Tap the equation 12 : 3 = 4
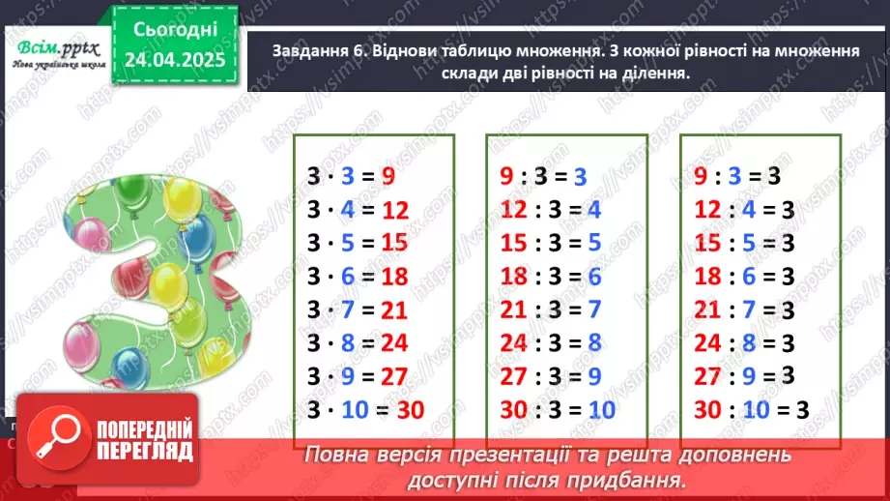pyautogui.click(x=550, y=210)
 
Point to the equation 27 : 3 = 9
pyautogui.click(x=550, y=376)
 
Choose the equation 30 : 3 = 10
pyautogui.click(x=558, y=410)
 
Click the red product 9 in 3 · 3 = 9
pyautogui.click(x=388, y=177)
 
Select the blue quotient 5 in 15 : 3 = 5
pyautogui.click(x=595, y=244)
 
